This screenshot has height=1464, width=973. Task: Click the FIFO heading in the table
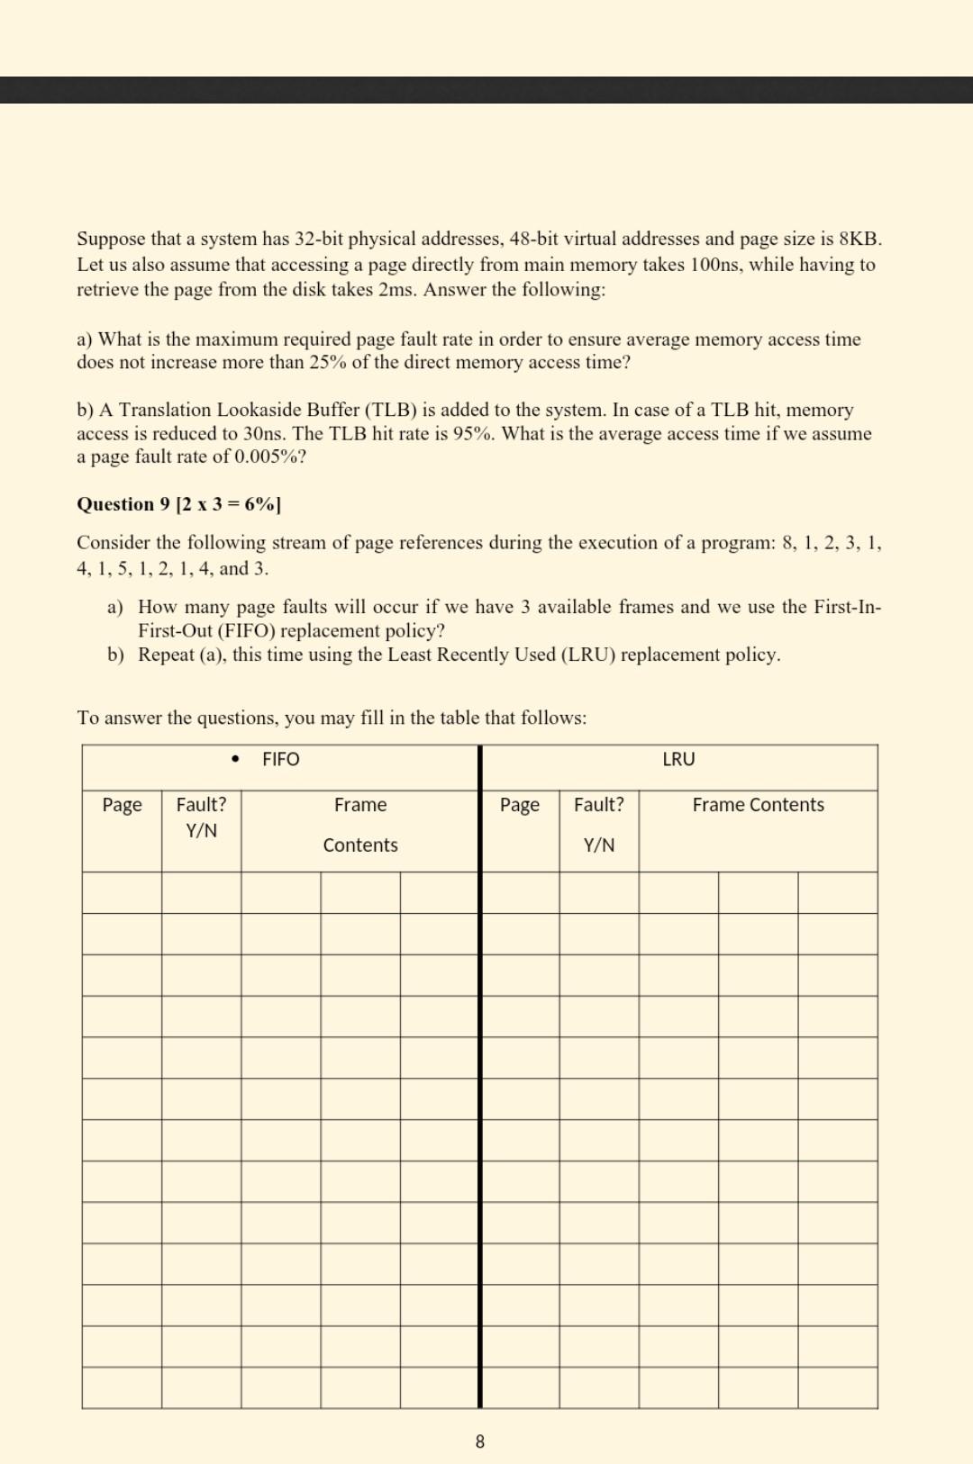280,759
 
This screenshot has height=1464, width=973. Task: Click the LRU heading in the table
678,759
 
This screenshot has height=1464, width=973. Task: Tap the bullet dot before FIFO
236,759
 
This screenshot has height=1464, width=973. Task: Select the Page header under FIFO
122,805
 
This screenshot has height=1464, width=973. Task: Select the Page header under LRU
520,805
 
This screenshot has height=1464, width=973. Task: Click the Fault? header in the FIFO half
201,805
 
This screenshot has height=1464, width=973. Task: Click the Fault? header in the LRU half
599,805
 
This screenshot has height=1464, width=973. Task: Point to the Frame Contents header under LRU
758,805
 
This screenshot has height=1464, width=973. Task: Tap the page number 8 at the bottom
479,1441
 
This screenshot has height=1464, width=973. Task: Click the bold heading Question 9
123,504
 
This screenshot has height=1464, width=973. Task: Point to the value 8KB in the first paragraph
859,239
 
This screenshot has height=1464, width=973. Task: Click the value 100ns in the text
716,265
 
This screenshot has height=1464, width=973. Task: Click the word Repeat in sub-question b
167,655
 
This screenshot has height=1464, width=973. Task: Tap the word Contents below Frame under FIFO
360,845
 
